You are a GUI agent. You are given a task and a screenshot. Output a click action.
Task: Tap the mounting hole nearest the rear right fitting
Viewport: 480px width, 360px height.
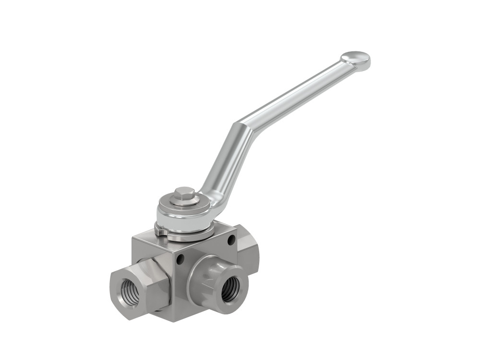point(232,239)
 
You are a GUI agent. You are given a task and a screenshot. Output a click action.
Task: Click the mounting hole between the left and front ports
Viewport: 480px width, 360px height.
point(180,260)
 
